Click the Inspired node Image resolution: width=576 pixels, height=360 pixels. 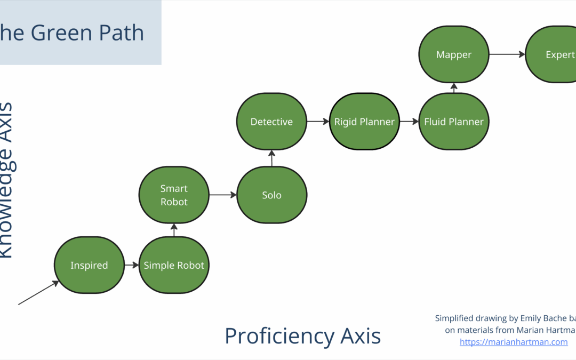[x=89, y=265]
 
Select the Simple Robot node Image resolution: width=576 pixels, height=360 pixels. [x=174, y=265]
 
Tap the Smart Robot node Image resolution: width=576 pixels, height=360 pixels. [x=174, y=195]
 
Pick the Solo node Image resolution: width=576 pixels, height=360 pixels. [x=271, y=195]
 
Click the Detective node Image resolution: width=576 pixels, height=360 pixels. [x=271, y=122]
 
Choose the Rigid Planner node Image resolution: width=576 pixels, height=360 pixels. [x=364, y=122]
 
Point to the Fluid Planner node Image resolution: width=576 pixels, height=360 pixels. [x=454, y=122]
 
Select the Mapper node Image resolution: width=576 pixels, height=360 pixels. [x=454, y=54]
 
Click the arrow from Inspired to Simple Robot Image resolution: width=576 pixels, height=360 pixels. [x=131, y=265]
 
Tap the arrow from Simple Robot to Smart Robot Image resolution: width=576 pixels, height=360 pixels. [x=174, y=230]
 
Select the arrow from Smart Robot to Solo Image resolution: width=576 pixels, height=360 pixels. [x=222, y=195]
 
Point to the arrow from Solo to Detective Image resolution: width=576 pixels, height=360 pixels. [x=271, y=158]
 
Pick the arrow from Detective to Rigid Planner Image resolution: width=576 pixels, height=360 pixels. [x=318, y=122]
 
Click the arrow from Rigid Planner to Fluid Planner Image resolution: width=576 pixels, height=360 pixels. [x=409, y=122]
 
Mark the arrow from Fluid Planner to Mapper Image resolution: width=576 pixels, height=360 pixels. [x=454, y=88]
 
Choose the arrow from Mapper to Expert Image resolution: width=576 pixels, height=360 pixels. [x=507, y=54]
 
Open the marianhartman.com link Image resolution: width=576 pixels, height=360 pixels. [x=514, y=342]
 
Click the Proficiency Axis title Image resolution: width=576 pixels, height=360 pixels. [x=302, y=336]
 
